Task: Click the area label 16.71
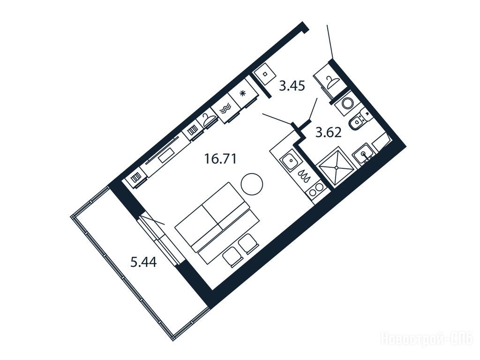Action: [220, 159]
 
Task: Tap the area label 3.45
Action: [292, 86]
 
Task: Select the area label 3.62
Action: [329, 133]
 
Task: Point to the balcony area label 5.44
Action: [143, 262]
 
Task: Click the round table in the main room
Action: [252, 184]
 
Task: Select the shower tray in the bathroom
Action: [337, 168]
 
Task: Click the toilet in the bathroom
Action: [359, 121]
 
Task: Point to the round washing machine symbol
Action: [348, 103]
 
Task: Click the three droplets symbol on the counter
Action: [305, 176]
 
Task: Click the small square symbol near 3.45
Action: [265, 74]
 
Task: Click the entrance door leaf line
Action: [330, 42]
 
